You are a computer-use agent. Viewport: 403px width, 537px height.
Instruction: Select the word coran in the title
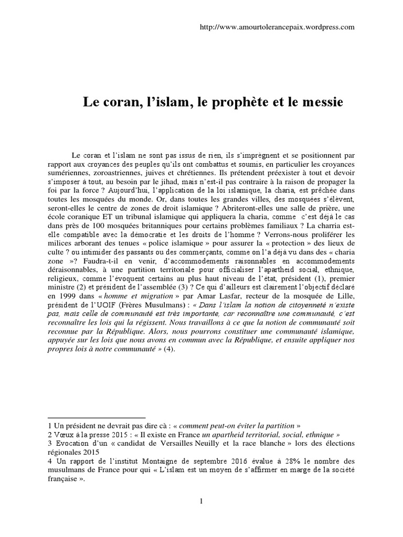tap(119, 102)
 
